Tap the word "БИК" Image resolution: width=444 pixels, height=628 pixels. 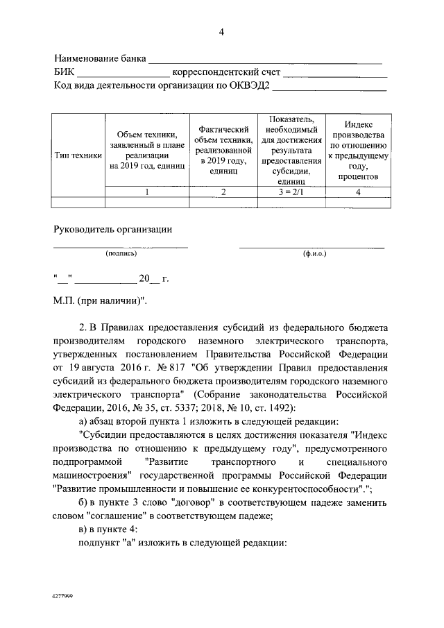[x=64, y=72]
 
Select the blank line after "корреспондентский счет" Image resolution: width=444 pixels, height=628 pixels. [x=334, y=74]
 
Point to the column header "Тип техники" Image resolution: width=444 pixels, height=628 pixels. [x=78, y=156]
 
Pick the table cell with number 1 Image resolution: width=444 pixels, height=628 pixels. [x=146, y=192]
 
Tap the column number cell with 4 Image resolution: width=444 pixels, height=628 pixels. [x=358, y=192]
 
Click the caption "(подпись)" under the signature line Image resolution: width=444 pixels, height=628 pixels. [x=121, y=254]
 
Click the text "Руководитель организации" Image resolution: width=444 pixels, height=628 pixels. [x=113, y=229]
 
